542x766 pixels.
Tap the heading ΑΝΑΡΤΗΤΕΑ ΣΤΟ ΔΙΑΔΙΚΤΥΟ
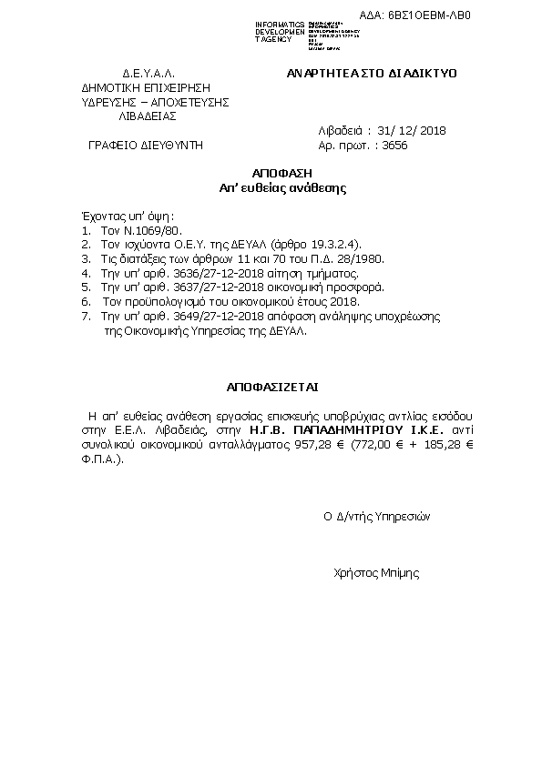372,73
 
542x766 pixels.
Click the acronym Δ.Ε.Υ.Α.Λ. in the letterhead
148,73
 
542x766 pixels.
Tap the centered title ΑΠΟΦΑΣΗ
270,174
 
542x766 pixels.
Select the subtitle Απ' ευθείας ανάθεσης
270,188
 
